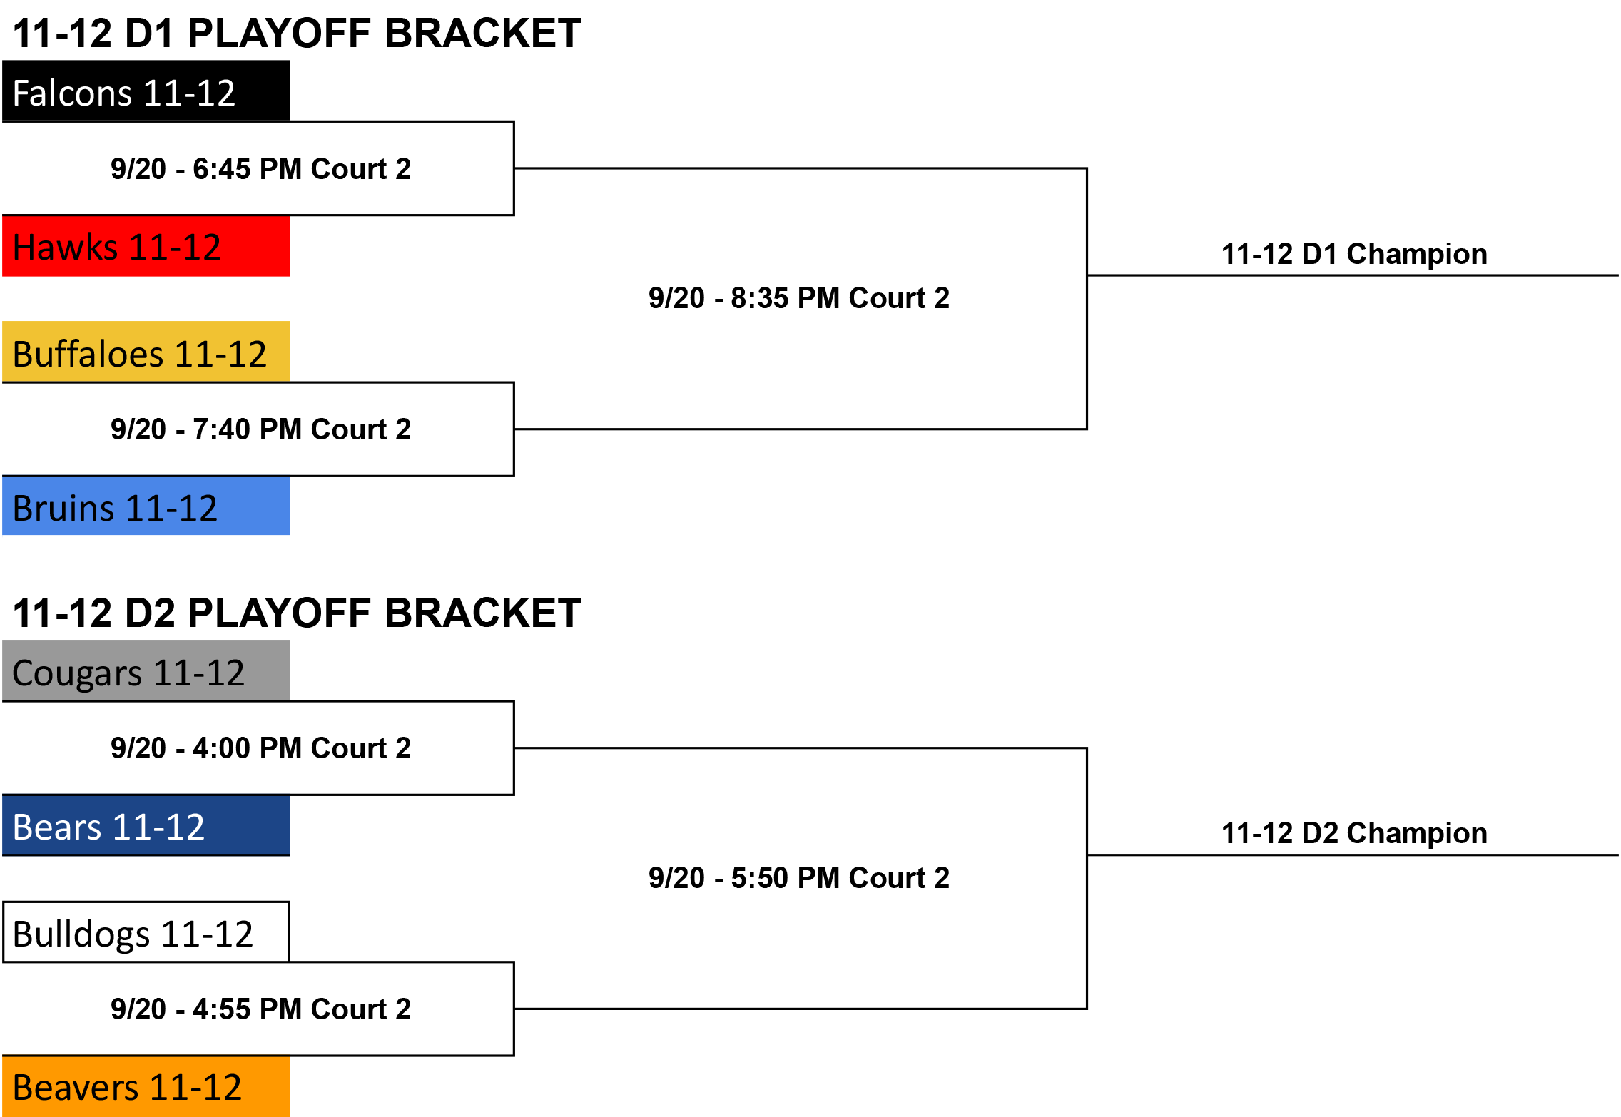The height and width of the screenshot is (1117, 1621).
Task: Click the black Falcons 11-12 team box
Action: pyautogui.click(x=146, y=91)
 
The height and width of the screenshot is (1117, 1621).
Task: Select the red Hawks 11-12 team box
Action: pyautogui.click(x=146, y=246)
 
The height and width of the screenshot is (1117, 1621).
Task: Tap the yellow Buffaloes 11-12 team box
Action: pyautogui.click(x=146, y=352)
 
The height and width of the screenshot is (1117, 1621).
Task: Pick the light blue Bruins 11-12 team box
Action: pyautogui.click(x=146, y=506)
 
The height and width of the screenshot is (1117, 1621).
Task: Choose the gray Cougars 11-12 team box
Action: pyautogui.click(x=146, y=670)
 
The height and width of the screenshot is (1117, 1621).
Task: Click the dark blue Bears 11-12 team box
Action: pyautogui.click(x=146, y=825)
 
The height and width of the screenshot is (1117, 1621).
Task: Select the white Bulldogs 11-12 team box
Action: pyautogui.click(x=146, y=932)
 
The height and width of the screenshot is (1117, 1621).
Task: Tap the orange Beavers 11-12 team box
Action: pyautogui.click(x=146, y=1086)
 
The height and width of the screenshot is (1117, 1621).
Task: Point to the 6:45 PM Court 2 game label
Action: pyautogui.click(x=261, y=169)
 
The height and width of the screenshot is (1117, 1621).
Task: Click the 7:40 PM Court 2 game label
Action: pyautogui.click(x=261, y=429)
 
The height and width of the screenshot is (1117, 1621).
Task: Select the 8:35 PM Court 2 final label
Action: pyautogui.click(x=799, y=298)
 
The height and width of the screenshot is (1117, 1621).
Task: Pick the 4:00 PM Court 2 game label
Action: pyautogui.click(x=261, y=748)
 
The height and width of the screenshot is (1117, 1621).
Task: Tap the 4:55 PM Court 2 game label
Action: pyautogui.click(x=261, y=1009)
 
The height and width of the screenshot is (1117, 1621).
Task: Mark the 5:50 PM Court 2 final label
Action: pyautogui.click(x=799, y=878)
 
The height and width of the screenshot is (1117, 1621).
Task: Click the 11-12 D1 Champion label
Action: pyautogui.click(x=1354, y=255)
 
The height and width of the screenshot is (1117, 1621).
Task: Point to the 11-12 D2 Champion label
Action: pyautogui.click(x=1354, y=834)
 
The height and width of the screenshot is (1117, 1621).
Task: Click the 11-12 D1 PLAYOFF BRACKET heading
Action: pyautogui.click(x=297, y=33)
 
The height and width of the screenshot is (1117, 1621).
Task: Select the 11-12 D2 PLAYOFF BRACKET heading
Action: pyautogui.click(x=297, y=613)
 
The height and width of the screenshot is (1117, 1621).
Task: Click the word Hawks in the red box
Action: pyautogui.click(x=66, y=248)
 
